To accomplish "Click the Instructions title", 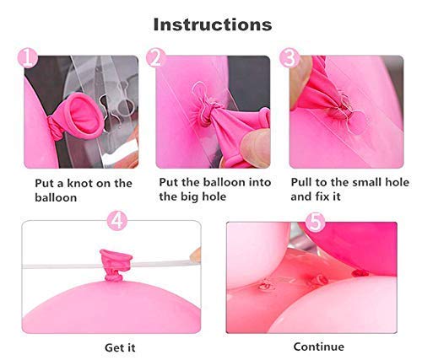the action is (213, 24).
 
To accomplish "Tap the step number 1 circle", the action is (27, 58).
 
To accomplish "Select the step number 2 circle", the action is (156, 58).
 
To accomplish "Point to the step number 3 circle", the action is (289, 58).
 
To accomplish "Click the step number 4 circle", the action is (117, 221).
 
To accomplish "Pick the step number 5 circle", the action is (316, 222).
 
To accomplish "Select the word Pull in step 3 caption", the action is (301, 182).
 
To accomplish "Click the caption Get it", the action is (120, 348).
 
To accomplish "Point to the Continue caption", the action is (319, 347).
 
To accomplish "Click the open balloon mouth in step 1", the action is (84, 114).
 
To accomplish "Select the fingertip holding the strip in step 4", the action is (196, 255).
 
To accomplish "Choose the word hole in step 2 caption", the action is (215, 196).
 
